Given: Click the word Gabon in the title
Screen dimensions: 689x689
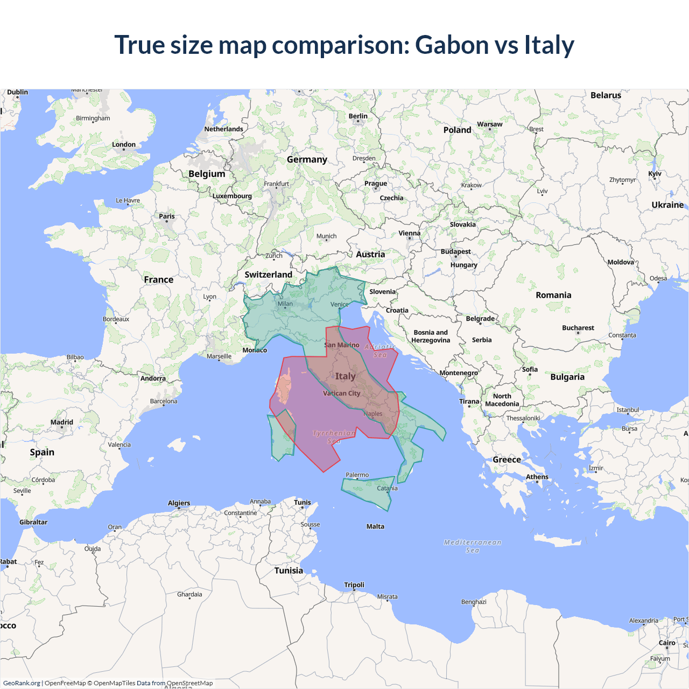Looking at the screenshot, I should [451, 45].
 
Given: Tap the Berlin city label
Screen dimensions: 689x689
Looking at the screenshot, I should [358, 116].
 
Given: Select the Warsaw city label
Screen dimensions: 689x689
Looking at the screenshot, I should [489, 124].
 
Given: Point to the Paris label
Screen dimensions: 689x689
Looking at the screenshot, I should [167, 216].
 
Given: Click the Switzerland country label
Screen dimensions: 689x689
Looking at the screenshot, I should [268, 275].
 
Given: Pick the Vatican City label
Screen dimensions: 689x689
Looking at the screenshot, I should [341, 393].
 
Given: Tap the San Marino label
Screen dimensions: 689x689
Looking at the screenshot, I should [342, 345].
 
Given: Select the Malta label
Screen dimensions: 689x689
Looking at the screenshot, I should [375, 526].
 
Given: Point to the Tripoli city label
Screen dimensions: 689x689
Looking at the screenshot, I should [354, 585].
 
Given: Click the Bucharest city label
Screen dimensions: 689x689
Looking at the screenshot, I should [578, 328].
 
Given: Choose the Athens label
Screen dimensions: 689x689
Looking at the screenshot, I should [537, 477].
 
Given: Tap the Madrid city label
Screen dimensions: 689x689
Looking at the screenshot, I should [62, 423].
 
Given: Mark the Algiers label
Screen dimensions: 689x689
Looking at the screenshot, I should [179, 503].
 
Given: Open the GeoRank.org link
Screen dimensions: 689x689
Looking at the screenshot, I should [22, 683].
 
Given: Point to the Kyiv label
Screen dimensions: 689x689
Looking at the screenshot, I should [655, 174].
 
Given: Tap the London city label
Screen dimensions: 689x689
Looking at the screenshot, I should [124, 145].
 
